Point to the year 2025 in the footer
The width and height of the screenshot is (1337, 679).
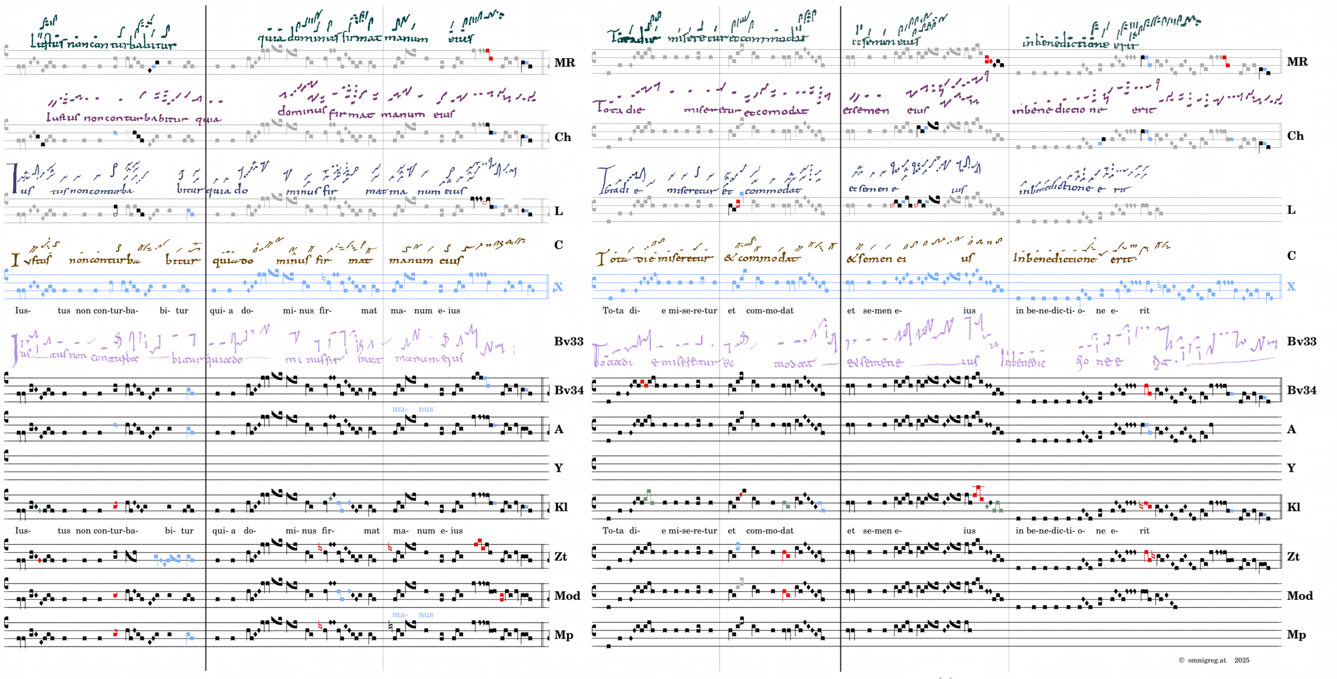pyautogui.click(x=1242, y=661)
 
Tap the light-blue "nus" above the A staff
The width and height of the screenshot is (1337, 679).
pyautogui.click(x=426, y=410)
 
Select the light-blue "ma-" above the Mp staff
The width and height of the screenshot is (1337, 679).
pyautogui.click(x=399, y=615)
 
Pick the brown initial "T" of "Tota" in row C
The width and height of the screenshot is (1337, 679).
pyautogui.click(x=601, y=258)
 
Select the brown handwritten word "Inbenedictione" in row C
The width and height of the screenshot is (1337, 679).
pyautogui.click(x=1054, y=258)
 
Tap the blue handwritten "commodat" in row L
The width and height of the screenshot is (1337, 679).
pyautogui.click(x=773, y=191)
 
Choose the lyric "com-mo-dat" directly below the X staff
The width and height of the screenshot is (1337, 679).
pyautogui.click(x=770, y=311)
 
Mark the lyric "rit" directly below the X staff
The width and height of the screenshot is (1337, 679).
pyautogui.click(x=1144, y=311)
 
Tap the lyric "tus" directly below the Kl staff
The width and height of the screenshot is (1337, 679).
pyautogui.click(x=64, y=531)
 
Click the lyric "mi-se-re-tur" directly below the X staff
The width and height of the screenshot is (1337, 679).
pyautogui.click(x=692, y=311)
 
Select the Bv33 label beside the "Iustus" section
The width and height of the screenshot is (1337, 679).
pyautogui.click(x=568, y=341)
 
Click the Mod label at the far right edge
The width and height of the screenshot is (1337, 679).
pyautogui.click(x=1300, y=596)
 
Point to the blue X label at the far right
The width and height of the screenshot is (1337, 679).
pyautogui.click(x=1291, y=287)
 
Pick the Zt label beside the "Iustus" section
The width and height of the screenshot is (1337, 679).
pyautogui.click(x=561, y=556)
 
